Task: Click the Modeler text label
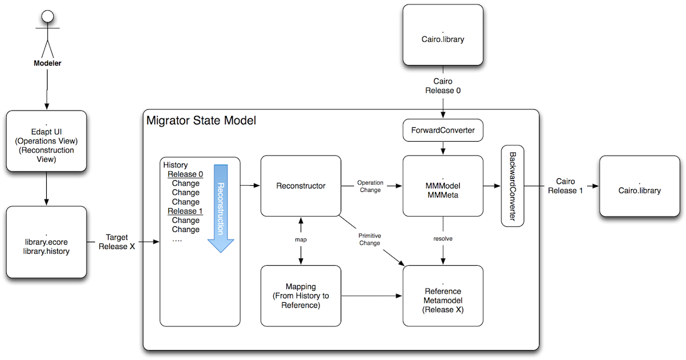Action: point(46,63)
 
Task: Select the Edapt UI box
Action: point(46,141)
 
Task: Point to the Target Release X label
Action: point(117,242)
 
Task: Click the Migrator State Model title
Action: point(201,121)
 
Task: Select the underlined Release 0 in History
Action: point(185,175)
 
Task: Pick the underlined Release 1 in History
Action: point(185,211)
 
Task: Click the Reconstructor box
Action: point(301,186)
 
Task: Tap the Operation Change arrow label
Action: point(370,186)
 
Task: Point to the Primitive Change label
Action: point(369,239)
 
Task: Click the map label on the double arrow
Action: point(301,239)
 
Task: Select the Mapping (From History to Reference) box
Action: point(301,295)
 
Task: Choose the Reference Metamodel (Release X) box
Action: point(442,295)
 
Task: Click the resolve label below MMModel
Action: point(442,238)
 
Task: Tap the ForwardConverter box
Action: point(442,130)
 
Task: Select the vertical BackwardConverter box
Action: point(512,186)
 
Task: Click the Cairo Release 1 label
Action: point(565,186)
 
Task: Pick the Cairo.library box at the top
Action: point(442,35)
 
